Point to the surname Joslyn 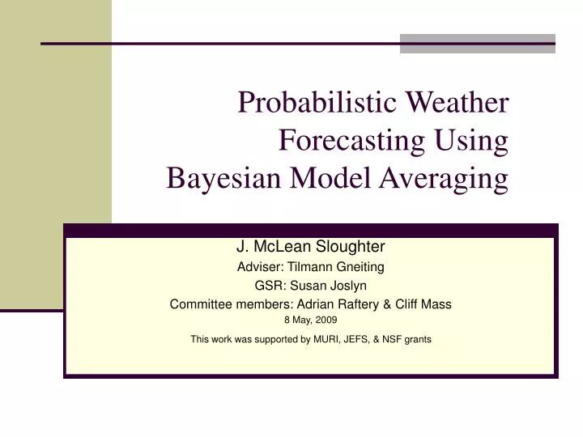pos(351,286)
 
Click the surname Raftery pos(360,305)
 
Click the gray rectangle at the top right pos(478,44)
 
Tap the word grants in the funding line pos(417,340)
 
